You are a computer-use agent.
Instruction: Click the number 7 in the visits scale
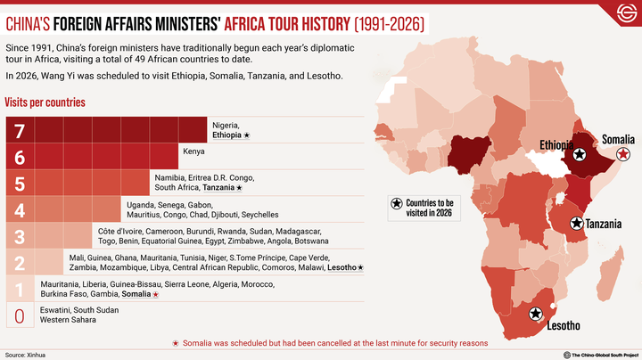[x=20, y=130]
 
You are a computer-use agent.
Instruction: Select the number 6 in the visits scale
[x=20, y=157]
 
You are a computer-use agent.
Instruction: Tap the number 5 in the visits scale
[x=20, y=183]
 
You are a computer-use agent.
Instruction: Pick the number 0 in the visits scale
[x=20, y=315]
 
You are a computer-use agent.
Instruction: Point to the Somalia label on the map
[x=617, y=140]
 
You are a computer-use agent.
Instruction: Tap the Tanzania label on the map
[x=604, y=223]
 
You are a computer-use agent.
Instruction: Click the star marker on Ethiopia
[x=580, y=155]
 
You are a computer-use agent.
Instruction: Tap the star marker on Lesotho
[x=536, y=313]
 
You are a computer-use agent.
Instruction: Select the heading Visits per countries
[x=45, y=102]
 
